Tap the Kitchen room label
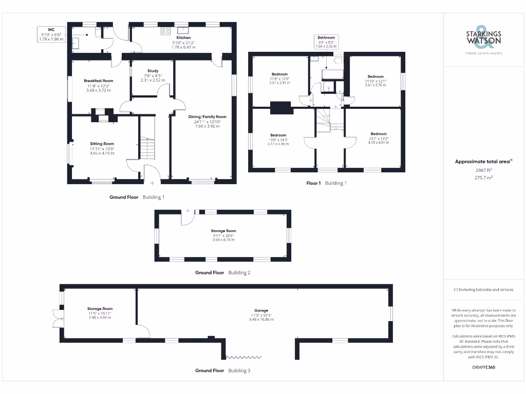[183, 38]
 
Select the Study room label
[153, 71]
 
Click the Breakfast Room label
[99, 81]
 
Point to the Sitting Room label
[102, 144]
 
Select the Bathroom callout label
[326, 38]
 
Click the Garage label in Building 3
[261, 310]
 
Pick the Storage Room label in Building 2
[223, 231]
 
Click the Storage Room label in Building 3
[100, 309]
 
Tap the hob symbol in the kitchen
[166, 31]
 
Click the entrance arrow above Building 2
[188, 210]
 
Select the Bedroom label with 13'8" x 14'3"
[278, 135]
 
